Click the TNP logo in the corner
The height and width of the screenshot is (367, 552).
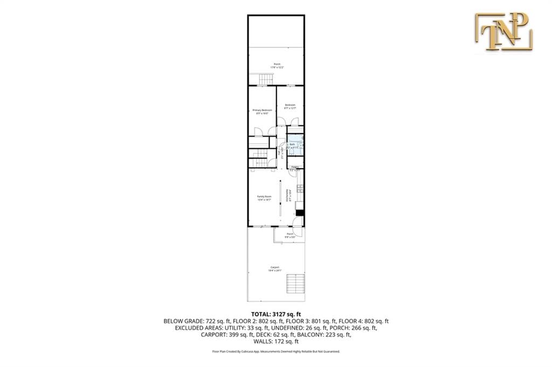tap(503, 32)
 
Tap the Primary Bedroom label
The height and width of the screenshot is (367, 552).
tap(263, 112)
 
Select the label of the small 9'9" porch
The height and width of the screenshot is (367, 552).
tap(290, 235)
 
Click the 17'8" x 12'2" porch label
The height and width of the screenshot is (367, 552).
tap(277, 65)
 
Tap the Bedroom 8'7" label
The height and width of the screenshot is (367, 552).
tap(290, 106)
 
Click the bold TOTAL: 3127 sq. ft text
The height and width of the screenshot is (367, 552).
tap(276, 314)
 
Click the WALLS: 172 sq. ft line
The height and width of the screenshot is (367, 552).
tap(276, 341)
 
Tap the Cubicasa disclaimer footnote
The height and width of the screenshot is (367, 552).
tap(276, 351)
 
